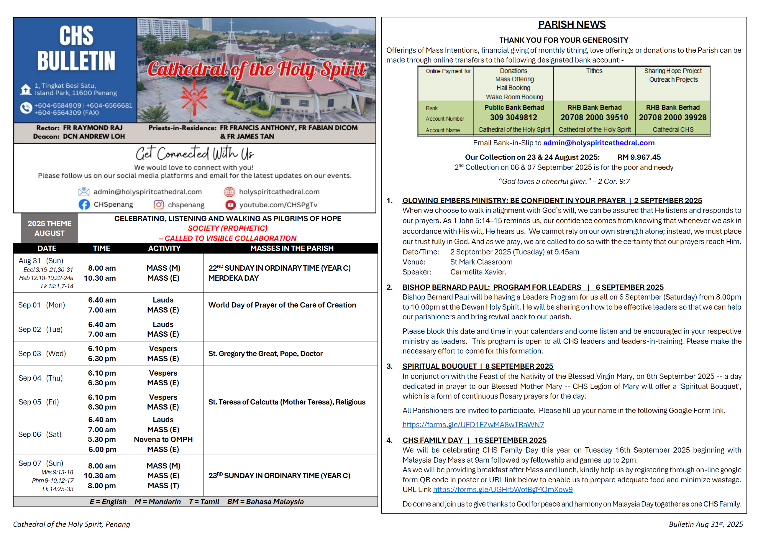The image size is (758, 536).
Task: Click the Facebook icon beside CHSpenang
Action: click(x=84, y=204)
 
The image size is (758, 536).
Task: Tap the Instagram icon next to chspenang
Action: click(x=158, y=205)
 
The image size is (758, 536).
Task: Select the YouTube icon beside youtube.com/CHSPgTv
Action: click(x=230, y=205)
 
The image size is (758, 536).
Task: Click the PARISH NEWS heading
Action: click(x=572, y=24)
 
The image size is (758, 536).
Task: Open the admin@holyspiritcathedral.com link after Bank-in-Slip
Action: click(x=598, y=143)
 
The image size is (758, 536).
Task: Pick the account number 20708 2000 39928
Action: click(x=672, y=118)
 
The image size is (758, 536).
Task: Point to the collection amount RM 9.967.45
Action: click(x=639, y=157)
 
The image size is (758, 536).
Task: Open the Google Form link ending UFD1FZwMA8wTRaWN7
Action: click(x=473, y=425)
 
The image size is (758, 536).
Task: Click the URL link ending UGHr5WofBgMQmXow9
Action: click(x=503, y=489)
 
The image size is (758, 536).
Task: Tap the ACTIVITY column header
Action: click(x=164, y=248)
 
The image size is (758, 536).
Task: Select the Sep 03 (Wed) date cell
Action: click(x=42, y=354)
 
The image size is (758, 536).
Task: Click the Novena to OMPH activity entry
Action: click(x=163, y=439)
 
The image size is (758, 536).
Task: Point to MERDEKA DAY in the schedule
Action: click(x=233, y=278)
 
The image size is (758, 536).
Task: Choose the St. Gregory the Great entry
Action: click(x=265, y=354)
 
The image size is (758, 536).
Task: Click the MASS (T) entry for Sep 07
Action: click(x=163, y=486)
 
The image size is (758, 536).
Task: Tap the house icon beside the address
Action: click(x=26, y=89)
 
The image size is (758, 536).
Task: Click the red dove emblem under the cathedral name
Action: click(x=194, y=98)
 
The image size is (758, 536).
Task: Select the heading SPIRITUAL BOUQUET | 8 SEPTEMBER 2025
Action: click(x=478, y=366)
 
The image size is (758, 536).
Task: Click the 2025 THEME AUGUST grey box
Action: click(x=50, y=228)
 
